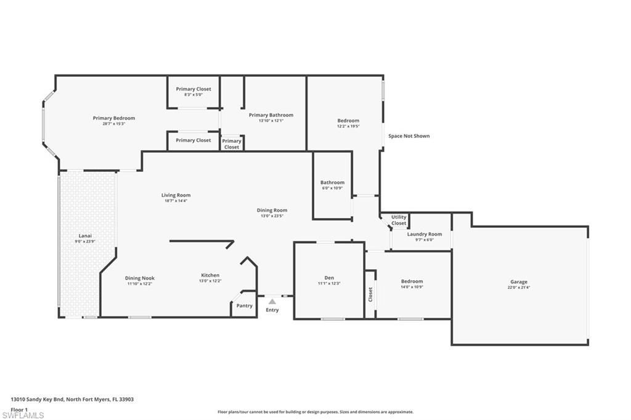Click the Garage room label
518,282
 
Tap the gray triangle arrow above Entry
272,301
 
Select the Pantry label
245,305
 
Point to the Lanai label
85,235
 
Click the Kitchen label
210,275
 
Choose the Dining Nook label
139,278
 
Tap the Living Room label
176,195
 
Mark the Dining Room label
272,210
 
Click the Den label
329,278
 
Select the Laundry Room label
425,234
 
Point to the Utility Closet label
399,220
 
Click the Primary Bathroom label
271,115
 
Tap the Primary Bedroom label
114,118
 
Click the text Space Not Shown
409,136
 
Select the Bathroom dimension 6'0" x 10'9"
332,188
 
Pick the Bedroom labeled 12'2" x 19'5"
348,121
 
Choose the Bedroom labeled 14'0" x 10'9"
412,281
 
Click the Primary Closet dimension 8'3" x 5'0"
193,95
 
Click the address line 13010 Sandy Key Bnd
72,399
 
